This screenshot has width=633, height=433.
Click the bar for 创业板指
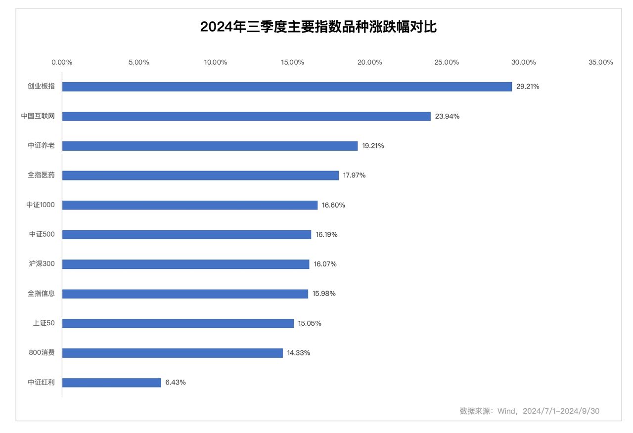287,87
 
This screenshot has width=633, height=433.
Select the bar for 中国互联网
246,116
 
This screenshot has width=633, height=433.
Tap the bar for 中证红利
112,383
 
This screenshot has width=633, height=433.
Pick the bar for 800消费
173,353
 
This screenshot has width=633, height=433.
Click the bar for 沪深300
185,264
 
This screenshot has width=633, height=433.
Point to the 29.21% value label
528,87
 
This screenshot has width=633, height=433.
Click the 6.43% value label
176,382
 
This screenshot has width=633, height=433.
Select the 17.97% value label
354,175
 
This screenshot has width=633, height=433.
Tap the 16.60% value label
333,205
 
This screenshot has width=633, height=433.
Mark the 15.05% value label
310,323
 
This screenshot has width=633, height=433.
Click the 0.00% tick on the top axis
62,62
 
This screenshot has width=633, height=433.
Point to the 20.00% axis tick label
369,62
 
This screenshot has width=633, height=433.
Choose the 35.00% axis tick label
601,62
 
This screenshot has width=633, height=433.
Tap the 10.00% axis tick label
216,62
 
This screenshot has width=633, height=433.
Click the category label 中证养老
41,145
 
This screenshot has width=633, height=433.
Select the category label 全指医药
41,175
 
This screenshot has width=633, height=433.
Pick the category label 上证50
44,323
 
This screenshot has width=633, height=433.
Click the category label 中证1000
41,205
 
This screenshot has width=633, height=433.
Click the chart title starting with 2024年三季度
318,27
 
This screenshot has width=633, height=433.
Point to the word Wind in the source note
505,411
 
